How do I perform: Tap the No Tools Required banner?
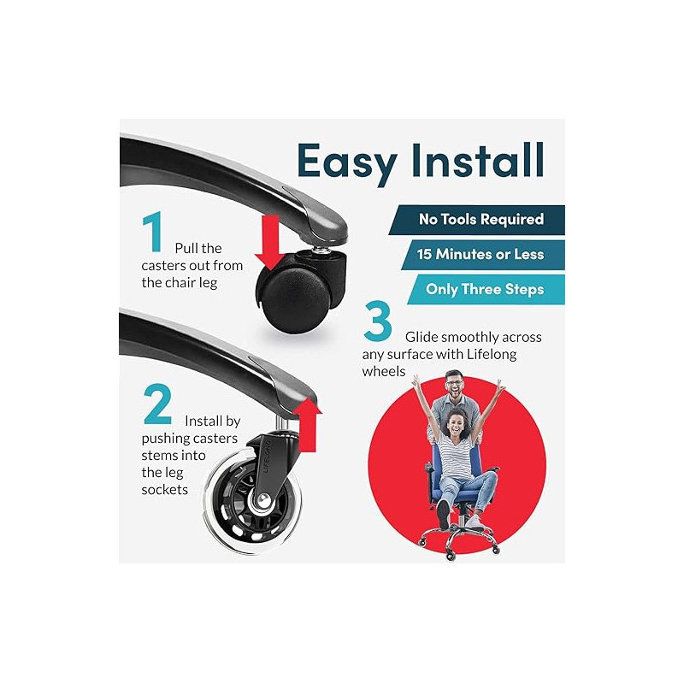point(477,220)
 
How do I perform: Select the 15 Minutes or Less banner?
point(483,255)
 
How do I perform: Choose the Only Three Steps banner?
point(486,289)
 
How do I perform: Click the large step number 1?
point(153,232)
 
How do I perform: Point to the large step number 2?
point(157,404)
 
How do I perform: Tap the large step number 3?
point(377,321)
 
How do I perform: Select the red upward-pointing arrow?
point(308,424)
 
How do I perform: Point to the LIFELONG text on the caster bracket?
point(268,457)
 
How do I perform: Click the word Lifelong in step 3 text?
point(492,354)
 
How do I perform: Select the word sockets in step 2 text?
point(164,490)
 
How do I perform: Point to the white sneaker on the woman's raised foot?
point(443,515)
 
